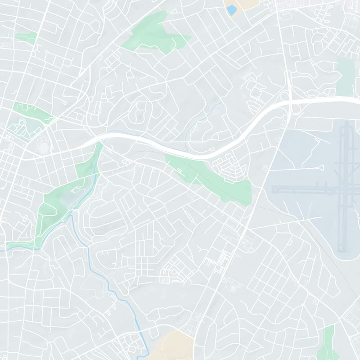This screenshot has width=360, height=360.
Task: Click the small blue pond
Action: click(231, 10)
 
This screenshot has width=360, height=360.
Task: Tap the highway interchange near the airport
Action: click(289, 102)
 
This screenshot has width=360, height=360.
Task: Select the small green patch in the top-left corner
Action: click(26, 37)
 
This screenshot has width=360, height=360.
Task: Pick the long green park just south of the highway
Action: click(211, 178)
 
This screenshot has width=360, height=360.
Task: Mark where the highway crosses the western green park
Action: click(99, 143)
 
